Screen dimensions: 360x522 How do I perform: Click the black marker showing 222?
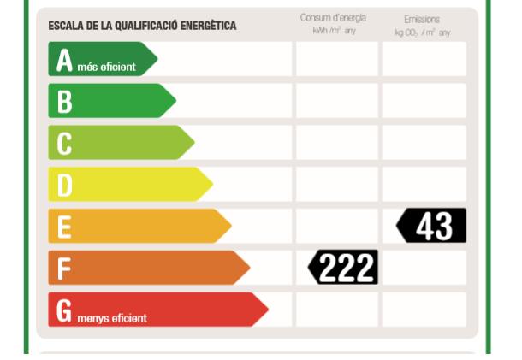[x=343, y=268]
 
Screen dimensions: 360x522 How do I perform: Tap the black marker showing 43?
[x=432, y=226]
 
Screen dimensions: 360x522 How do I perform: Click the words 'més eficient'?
[x=106, y=67]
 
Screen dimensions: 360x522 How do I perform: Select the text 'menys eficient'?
[x=110, y=318]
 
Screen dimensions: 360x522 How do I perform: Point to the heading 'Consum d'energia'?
[x=333, y=18]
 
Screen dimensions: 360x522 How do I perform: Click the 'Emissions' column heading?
[x=422, y=19]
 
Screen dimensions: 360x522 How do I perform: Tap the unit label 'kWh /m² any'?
[x=333, y=31]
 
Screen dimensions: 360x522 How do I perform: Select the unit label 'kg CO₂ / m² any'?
[x=422, y=32]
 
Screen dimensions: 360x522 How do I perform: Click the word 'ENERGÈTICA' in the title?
[x=207, y=26]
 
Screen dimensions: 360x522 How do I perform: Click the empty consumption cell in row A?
[x=336, y=59]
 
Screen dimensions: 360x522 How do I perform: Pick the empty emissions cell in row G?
[x=424, y=310]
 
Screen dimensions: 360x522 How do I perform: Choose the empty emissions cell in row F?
[x=424, y=268]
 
